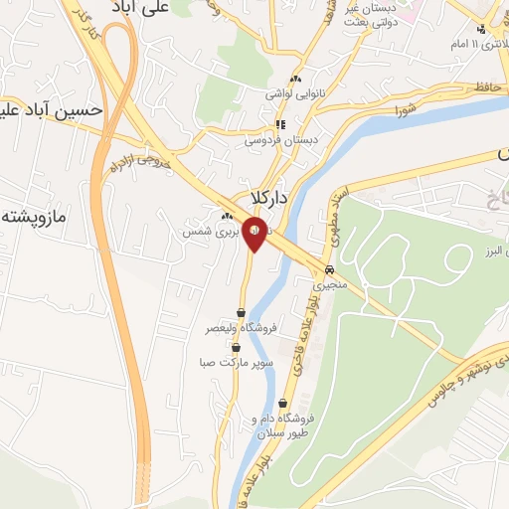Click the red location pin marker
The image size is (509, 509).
[255, 236]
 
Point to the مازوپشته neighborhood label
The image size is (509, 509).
[36, 215]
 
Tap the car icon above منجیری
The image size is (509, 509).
[328, 270]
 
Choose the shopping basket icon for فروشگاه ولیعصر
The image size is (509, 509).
[241, 312]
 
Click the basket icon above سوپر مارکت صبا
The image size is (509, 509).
[236, 347]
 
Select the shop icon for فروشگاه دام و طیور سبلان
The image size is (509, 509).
[284, 404]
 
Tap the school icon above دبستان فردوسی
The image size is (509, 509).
[280, 124]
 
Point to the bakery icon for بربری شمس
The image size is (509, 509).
[228, 216]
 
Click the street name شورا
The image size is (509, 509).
[404, 108]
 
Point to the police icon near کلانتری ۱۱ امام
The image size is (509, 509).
[482, 30]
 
